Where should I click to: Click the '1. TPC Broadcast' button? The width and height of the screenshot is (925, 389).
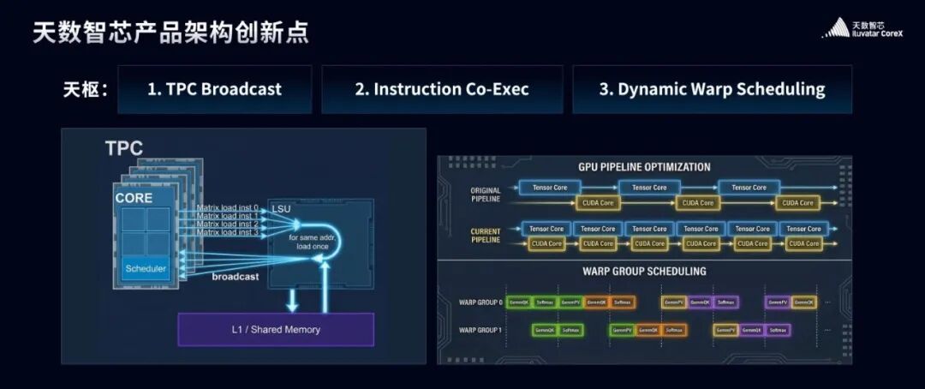(214, 89)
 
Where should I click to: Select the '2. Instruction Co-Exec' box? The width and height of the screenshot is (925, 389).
(442, 89)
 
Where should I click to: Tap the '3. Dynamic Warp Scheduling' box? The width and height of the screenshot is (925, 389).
(712, 89)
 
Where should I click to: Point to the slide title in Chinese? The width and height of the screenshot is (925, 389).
(170, 33)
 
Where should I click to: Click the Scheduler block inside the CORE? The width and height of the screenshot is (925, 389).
(146, 269)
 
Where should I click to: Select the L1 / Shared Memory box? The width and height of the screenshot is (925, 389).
(276, 329)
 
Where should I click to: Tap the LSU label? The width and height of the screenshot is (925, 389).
(282, 209)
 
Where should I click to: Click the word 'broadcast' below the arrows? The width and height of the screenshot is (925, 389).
(236, 277)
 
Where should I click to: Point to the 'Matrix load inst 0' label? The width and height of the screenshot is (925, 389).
(227, 206)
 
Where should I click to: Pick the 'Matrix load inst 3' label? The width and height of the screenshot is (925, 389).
(227, 232)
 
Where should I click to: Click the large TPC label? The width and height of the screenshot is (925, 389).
(124, 148)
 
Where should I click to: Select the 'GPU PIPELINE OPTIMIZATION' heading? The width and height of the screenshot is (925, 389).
(644, 167)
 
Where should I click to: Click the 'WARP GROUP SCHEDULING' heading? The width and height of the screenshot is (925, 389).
(644, 272)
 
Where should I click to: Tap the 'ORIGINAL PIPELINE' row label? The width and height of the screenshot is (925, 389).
(486, 194)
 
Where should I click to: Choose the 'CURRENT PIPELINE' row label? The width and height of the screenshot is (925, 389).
(486, 236)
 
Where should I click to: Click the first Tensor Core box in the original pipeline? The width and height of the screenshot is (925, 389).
(549, 187)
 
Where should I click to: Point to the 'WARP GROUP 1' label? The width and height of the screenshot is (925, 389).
(480, 330)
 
